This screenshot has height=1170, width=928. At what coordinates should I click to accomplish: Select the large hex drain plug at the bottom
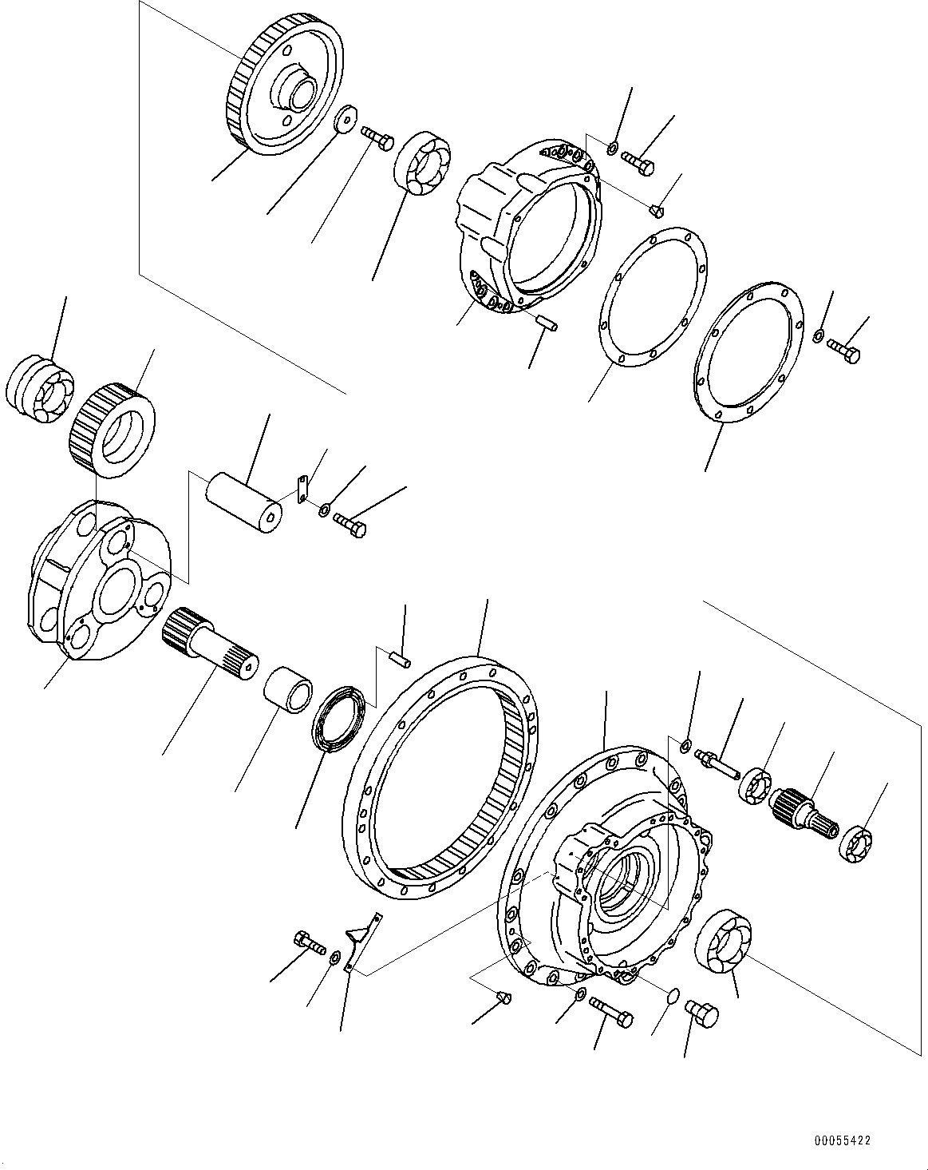point(701,1015)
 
